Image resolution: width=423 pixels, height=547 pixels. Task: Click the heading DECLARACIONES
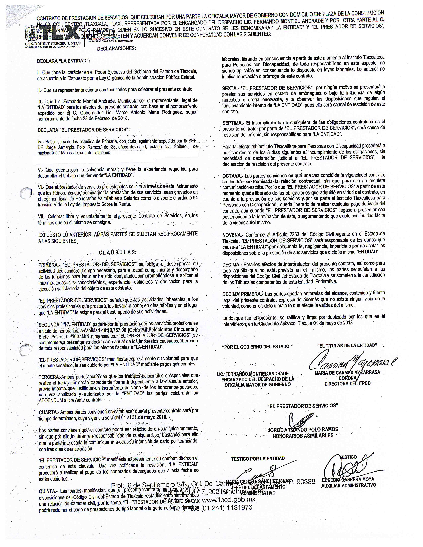click(x=116, y=49)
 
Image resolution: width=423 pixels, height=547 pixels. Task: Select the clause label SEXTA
click(x=230, y=88)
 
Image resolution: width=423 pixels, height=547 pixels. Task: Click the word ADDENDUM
click(x=51, y=400)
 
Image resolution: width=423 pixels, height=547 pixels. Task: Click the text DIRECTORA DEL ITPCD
click(x=347, y=383)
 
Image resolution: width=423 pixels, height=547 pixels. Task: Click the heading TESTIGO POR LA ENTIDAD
click(x=258, y=459)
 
